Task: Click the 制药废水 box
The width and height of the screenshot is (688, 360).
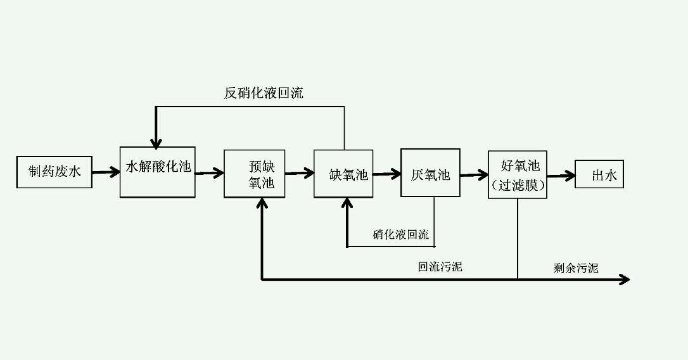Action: click(54, 171)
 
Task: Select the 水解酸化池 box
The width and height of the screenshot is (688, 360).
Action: click(158, 172)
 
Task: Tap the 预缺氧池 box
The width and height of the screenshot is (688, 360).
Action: click(255, 174)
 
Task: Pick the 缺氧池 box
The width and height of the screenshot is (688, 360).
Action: click(343, 174)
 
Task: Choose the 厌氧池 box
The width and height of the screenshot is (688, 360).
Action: click(430, 174)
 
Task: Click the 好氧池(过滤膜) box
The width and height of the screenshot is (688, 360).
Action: click(517, 174)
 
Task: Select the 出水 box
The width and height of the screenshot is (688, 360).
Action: click(599, 174)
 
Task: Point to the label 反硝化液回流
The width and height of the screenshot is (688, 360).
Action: click(264, 93)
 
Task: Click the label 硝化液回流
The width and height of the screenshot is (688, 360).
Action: click(400, 235)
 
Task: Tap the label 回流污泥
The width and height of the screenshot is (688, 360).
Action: click(440, 267)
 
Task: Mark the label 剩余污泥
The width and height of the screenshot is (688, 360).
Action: click(575, 267)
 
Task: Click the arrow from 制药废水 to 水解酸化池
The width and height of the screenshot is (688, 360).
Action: click(106, 171)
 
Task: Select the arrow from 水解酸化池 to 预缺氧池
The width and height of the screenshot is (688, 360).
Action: click(209, 172)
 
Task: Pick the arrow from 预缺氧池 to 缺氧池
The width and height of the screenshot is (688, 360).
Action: click(299, 172)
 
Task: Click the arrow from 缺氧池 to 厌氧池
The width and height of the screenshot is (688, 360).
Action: click(386, 173)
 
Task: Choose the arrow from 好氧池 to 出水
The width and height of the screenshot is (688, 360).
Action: click(560, 174)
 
